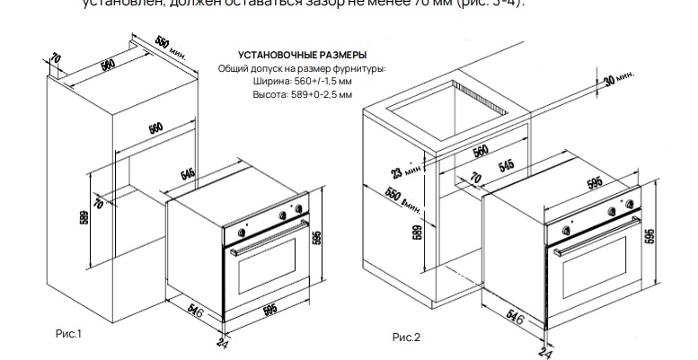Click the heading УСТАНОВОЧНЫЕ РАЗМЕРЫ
[301, 56]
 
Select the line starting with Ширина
[301, 81]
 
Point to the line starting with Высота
[301, 93]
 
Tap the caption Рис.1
[68, 334]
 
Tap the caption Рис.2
[406, 338]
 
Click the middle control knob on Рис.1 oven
[281, 215]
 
